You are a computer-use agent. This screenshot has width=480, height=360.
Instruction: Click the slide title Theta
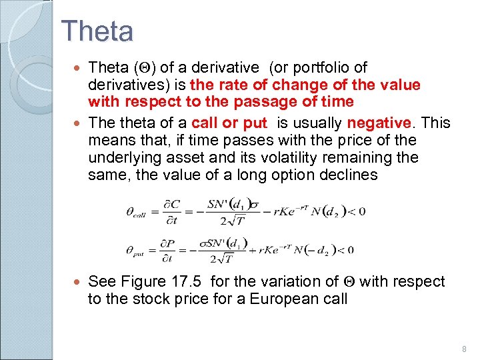(97, 31)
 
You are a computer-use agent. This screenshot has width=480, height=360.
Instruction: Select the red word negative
(379, 123)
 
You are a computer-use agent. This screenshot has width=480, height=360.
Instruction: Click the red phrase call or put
(229, 123)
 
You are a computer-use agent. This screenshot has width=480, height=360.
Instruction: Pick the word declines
(347, 175)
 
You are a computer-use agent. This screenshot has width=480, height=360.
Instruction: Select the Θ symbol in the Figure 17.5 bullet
(351, 282)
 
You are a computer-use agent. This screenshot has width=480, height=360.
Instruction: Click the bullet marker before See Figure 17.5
(78, 282)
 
